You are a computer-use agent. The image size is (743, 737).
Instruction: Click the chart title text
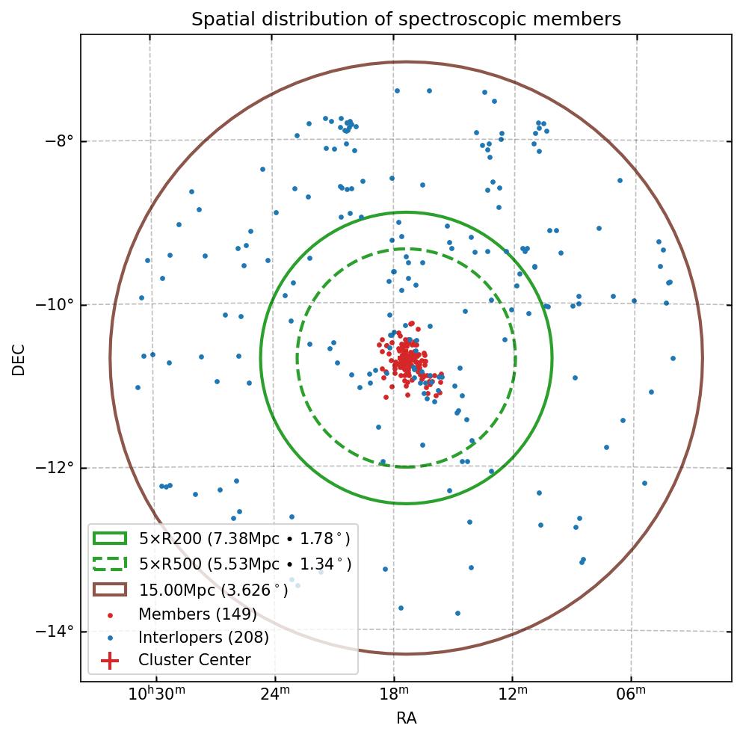[406, 19]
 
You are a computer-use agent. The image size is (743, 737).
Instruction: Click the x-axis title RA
[406, 718]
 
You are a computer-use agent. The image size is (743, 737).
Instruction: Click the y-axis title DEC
[19, 360]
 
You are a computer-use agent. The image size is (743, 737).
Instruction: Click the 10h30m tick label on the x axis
[156, 694]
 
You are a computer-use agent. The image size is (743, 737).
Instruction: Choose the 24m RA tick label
[275, 694]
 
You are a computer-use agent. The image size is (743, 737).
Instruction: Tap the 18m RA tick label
[394, 694]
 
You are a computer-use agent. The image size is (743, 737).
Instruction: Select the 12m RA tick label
[513, 694]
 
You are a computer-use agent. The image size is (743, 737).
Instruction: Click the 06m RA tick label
[631, 694]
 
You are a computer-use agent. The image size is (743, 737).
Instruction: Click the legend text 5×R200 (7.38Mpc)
[244, 538]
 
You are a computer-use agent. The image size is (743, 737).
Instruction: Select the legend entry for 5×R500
[244, 564]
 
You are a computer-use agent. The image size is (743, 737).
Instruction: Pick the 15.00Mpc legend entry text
[213, 589]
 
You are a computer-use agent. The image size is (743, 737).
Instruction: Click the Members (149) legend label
[197, 614]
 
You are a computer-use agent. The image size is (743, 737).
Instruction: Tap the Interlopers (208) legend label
[203, 638]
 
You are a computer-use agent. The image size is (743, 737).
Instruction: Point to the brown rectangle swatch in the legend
[110, 589]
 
